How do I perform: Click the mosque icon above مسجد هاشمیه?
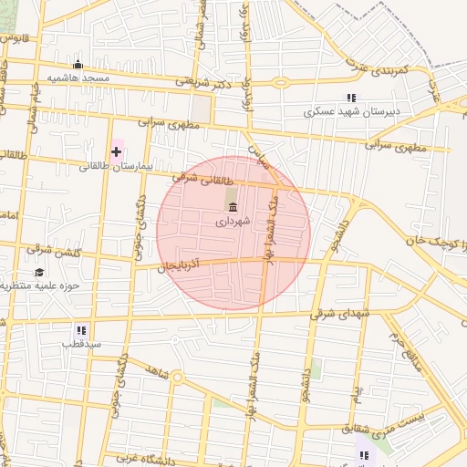tap(78, 65)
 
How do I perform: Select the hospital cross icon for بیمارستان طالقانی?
tap(116, 150)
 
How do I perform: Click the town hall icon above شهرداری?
tap(232, 206)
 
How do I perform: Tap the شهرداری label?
tap(232, 221)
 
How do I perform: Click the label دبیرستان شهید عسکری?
tap(351, 112)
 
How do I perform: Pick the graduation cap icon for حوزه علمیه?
tap(40, 272)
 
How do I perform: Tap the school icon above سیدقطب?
tap(81, 329)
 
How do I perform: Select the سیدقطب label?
tap(81, 345)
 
